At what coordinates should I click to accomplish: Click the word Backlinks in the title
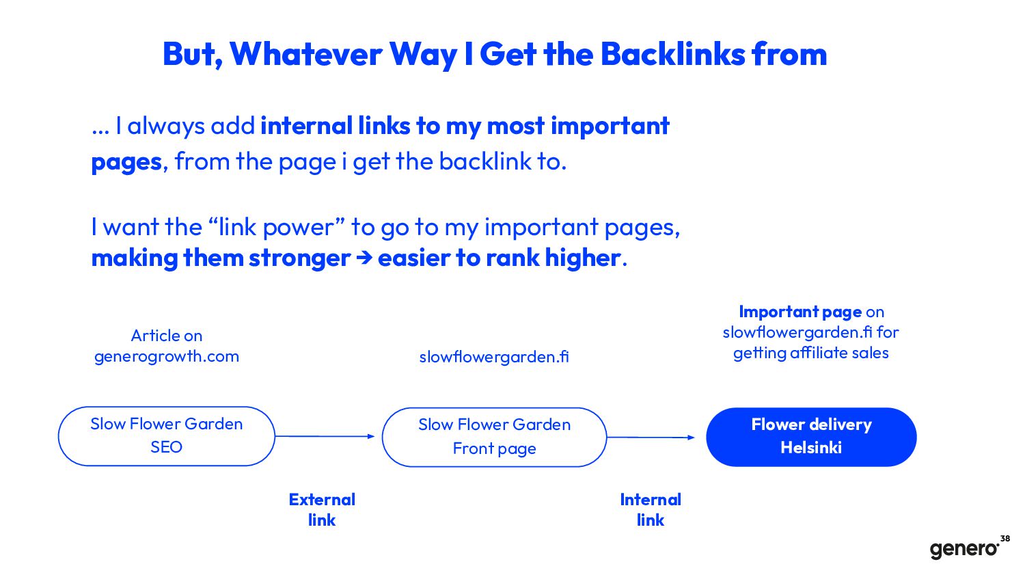[672, 55]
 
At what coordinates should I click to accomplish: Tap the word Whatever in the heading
[305, 55]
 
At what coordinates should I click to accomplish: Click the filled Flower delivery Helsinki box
[811, 437]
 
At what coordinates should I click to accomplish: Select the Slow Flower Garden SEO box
[167, 436]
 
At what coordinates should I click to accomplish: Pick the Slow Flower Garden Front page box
[494, 438]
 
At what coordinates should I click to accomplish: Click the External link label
[322, 510]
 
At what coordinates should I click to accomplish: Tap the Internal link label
[651, 510]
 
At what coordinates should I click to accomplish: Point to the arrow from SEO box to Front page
[325, 436]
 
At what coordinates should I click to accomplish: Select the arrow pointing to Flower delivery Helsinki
[651, 438]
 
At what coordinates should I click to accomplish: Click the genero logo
[964, 549]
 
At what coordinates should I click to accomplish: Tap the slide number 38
[1005, 539]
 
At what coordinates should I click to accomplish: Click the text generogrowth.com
[167, 356]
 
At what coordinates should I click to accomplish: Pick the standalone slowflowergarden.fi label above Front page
[494, 357]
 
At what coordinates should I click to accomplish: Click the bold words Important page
[800, 312]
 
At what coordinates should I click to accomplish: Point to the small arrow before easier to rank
[364, 258]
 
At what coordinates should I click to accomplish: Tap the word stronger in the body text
[300, 258]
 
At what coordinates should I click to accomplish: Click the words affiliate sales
[839, 353]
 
